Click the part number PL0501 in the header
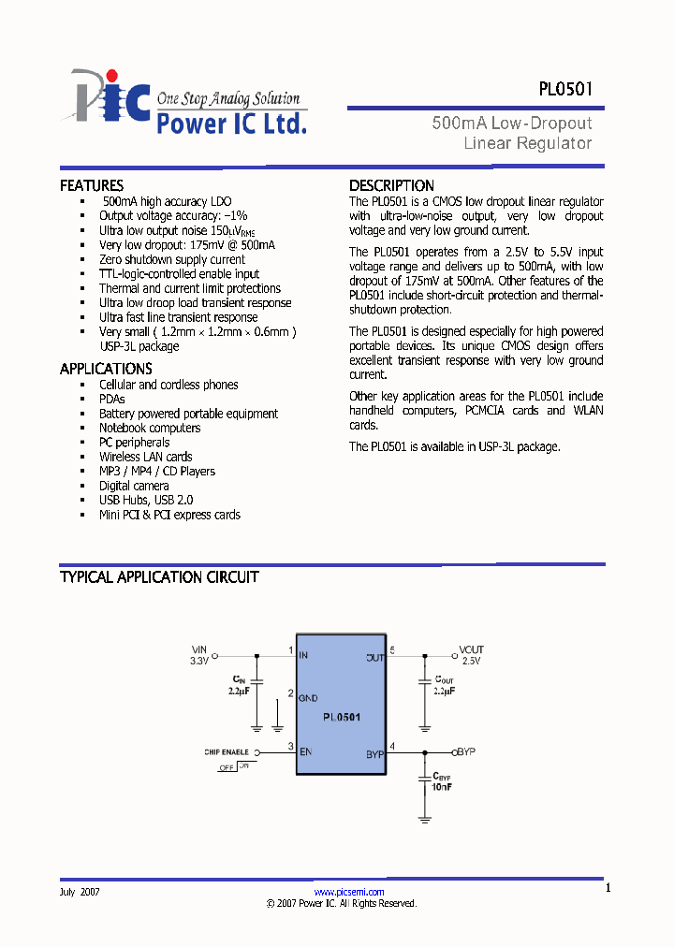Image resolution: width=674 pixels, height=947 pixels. (x=564, y=90)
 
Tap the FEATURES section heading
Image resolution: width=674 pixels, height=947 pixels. (x=92, y=185)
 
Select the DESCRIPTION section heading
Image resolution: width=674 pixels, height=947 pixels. (x=391, y=185)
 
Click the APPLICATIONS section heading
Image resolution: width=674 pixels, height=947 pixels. (x=106, y=369)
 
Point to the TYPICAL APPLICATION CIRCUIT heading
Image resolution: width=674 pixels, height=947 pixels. (x=159, y=577)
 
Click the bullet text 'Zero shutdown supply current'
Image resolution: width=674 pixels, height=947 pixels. (x=172, y=259)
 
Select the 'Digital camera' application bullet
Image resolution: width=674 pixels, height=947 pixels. (x=134, y=486)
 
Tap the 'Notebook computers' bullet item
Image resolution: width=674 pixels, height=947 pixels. (x=150, y=428)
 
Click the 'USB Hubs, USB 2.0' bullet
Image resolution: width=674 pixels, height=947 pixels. (x=146, y=501)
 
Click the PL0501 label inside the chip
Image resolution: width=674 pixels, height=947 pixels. (x=342, y=717)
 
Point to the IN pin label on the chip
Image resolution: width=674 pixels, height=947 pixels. (x=303, y=655)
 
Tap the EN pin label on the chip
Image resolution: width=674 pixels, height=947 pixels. (x=304, y=751)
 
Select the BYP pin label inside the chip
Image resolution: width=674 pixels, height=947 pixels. (x=374, y=753)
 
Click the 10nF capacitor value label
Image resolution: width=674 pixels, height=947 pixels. (x=443, y=787)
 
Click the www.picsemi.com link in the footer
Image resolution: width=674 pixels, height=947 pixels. (x=349, y=892)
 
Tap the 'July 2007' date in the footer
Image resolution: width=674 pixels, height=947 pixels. (x=80, y=892)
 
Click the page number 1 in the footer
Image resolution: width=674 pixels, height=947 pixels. (x=608, y=888)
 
